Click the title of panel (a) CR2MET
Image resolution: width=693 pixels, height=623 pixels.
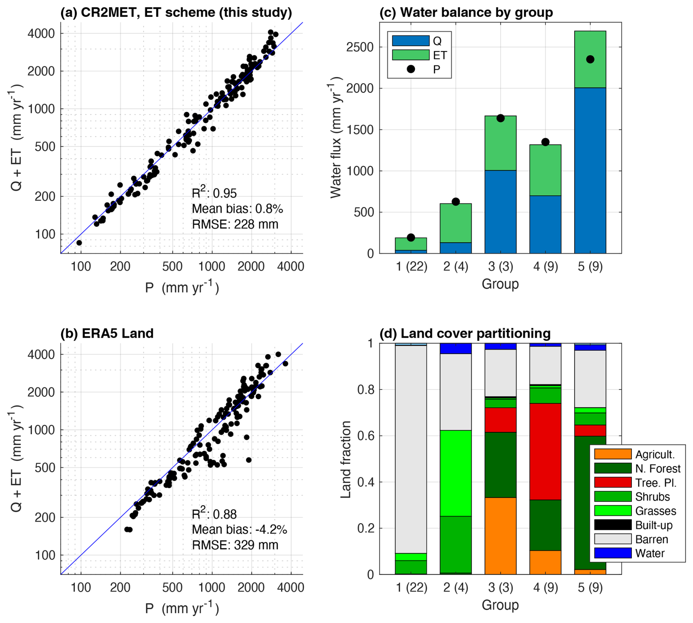pos(176,12)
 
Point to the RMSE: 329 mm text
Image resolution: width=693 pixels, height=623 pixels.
pos(235,545)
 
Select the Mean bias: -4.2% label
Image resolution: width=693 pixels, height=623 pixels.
pos(239,529)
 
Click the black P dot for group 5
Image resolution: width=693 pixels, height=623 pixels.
pos(590,59)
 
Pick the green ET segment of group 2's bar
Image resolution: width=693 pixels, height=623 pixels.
pos(456,223)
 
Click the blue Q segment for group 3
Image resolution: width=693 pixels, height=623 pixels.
pos(500,212)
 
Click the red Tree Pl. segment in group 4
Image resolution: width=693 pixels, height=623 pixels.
pos(545,451)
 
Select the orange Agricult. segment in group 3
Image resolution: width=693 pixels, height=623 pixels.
pos(500,535)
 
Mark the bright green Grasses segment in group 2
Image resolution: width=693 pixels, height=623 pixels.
pos(456,473)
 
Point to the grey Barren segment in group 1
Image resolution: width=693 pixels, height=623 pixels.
pos(411,449)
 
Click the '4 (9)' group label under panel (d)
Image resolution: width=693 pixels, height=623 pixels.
pos(545,587)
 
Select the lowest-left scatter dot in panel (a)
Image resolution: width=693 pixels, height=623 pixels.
pos(79,243)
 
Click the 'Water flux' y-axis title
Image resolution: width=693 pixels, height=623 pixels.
pos(336,137)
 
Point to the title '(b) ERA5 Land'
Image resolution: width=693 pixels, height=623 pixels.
pos(107,333)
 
